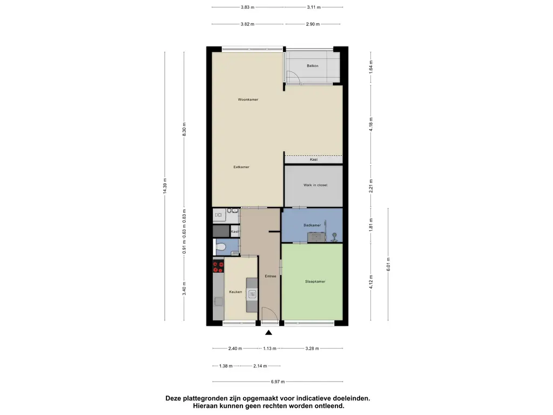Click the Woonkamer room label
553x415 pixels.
tap(248, 99)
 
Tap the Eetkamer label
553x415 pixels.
tap(241, 167)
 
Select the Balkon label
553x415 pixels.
tap(313, 65)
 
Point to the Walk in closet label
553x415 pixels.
tap(315, 185)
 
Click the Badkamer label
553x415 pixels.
tap(312, 225)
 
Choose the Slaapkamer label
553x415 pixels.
tap(315, 282)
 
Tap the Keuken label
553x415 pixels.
tap(235, 292)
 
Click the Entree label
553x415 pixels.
tap(271, 276)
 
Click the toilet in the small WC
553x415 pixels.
tap(220, 246)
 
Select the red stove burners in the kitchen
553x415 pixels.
tap(218, 266)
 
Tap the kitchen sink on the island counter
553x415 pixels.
tap(252, 294)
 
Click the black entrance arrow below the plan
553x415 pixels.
tap(269, 332)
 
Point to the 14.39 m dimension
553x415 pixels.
tap(165, 186)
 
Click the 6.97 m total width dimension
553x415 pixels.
tap(278, 381)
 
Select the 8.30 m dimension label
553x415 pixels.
tap(184, 129)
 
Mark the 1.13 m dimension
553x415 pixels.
tap(270, 349)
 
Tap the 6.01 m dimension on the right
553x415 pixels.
tap(388, 264)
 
